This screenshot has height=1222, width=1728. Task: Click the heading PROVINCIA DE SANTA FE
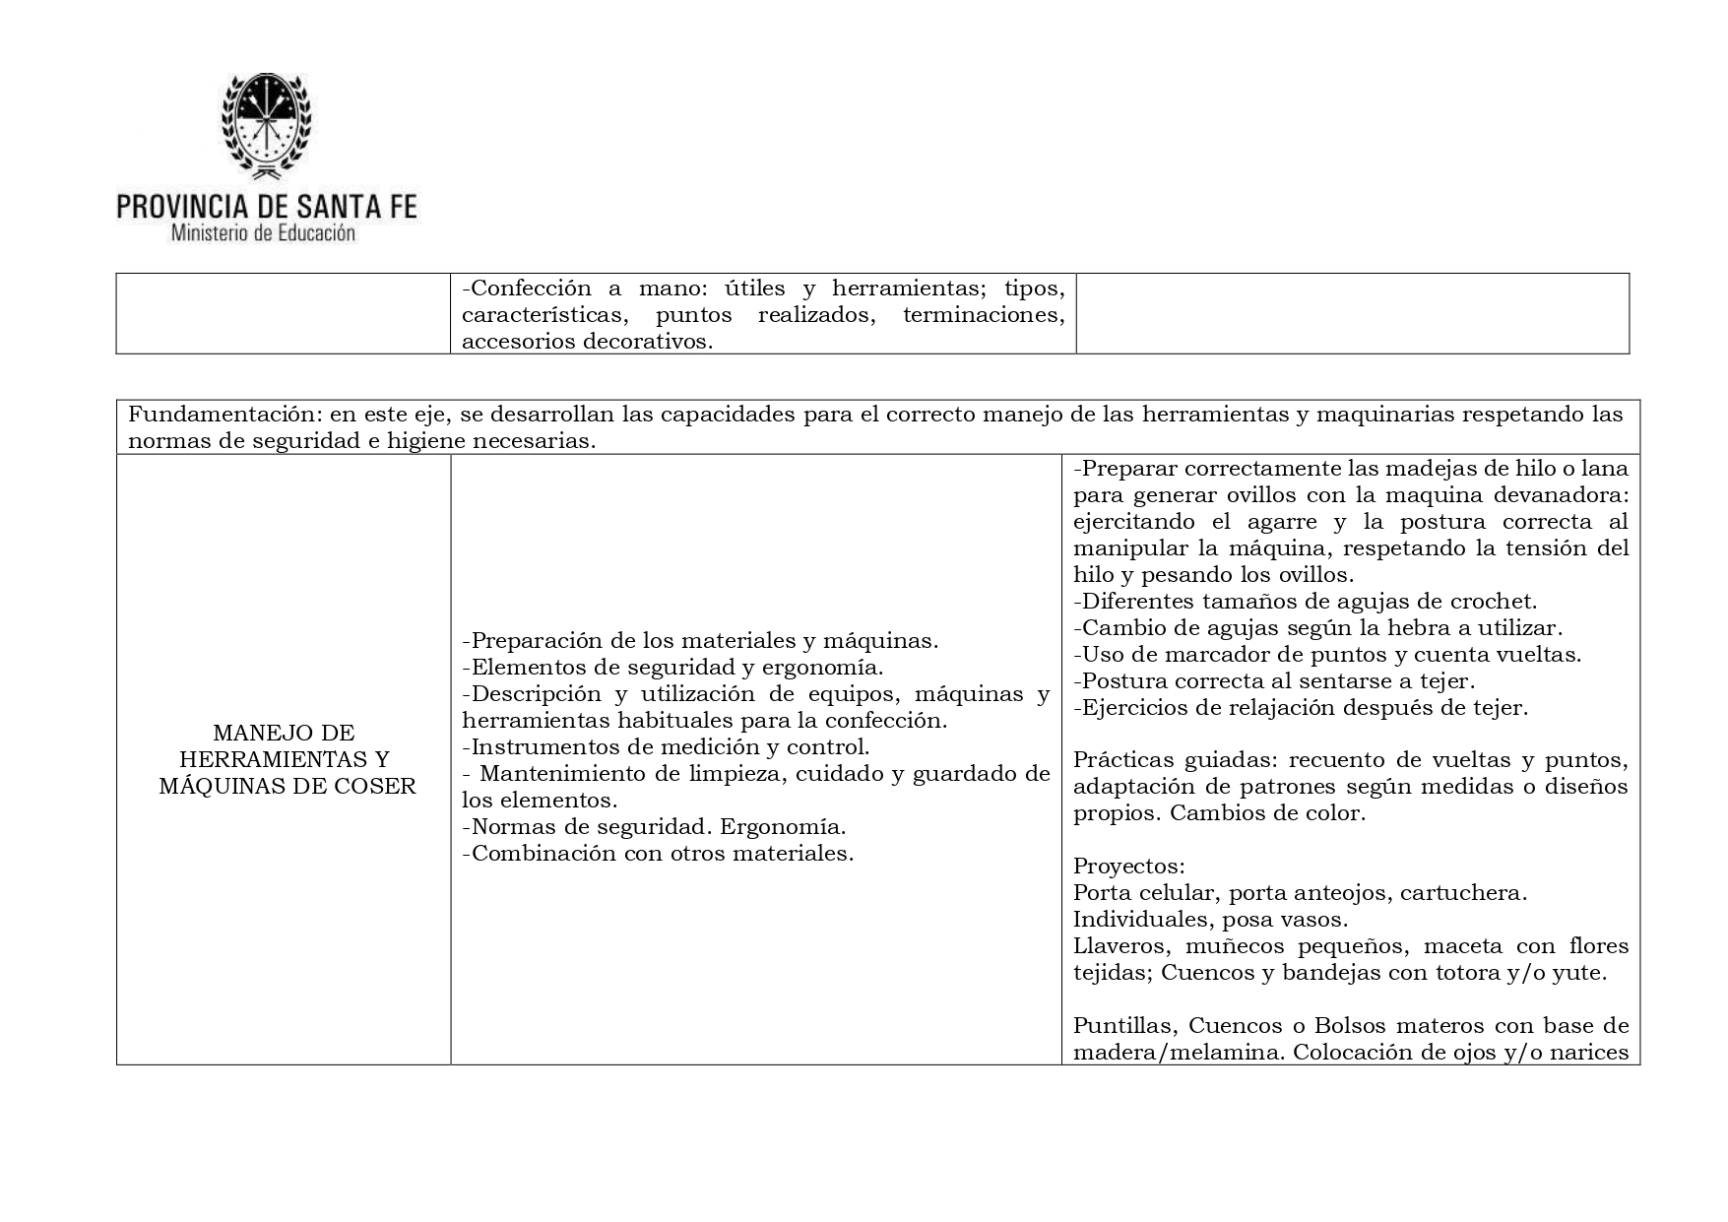pos(267,207)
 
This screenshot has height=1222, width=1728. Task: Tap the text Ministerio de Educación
pos(263,234)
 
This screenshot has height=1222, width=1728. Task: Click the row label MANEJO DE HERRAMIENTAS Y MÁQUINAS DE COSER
pos(284,759)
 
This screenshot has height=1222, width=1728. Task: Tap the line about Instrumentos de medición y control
pos(667,746)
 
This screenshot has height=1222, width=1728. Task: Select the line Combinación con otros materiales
pos(658,853)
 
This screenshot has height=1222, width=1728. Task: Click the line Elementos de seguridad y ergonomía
pos(672,667)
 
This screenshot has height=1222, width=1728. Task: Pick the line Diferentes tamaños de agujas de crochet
pos(1305,601)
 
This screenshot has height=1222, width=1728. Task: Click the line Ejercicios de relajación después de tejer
pos(1301,707)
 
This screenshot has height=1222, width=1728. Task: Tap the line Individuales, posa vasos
pos(1210,920)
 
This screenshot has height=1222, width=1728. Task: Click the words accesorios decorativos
pos(587,342)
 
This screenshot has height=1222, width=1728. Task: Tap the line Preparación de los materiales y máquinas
pos(700,640)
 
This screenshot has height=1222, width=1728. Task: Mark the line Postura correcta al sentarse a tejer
pos(1274,680)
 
